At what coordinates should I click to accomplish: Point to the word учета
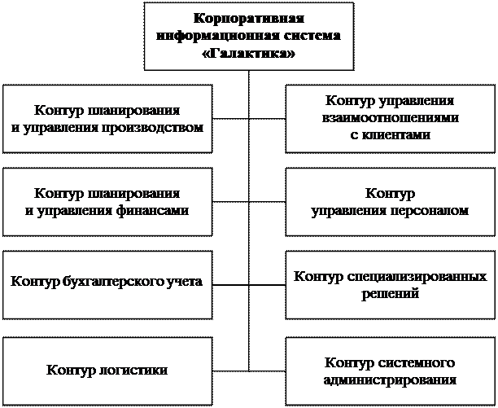(x=185, y=282)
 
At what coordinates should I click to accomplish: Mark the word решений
(x=391, y=293)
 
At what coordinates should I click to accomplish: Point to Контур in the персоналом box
(x=391, y=194)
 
